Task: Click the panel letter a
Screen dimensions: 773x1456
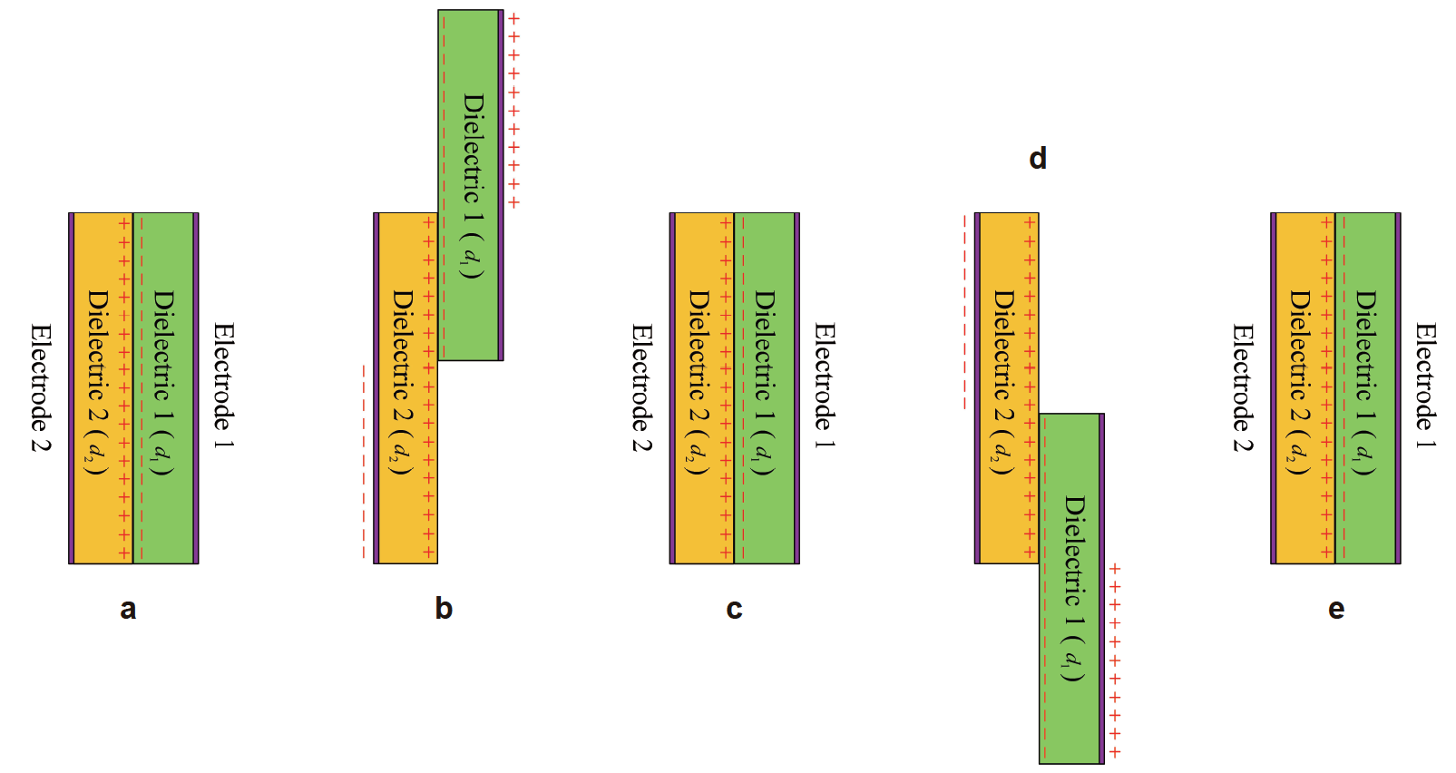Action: [128, 609]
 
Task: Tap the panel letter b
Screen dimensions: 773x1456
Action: [444, 608]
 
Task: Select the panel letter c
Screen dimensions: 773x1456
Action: [734, 609]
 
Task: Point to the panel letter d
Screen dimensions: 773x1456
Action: [1038, 159]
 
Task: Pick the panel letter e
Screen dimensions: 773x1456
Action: [1335, 609]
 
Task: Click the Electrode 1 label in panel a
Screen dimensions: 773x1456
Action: [223, 386]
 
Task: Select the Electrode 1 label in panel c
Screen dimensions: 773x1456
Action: [824, 386]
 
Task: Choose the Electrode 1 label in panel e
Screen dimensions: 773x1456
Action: [1425, 386]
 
